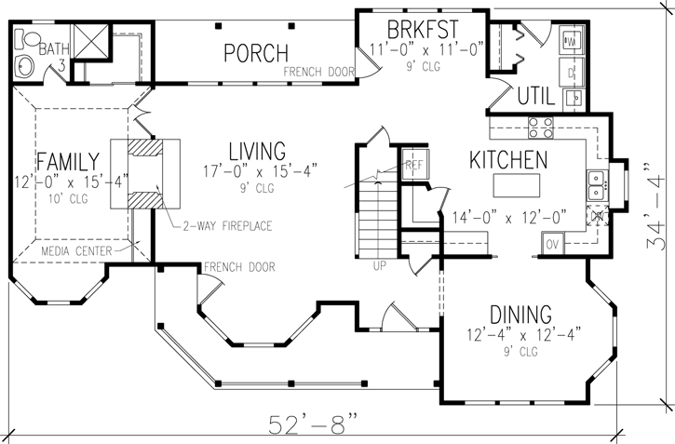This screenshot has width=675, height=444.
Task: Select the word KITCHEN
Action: pyautogui.click(x=506, y=160)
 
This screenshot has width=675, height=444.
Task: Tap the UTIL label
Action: pyautogui.click(x=536, y=95)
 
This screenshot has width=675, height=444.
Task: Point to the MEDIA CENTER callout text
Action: pyautogui.click(x=79, y=251)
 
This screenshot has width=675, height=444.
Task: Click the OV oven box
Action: pyautogui.click(x=550, y=245)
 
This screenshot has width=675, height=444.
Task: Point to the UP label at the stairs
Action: pyautogui.click(x=380, y=265)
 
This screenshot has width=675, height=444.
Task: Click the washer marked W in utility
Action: pyautogui.click(x=572, y=39)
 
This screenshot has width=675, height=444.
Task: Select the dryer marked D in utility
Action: pyautogui.click(x=572, y=71)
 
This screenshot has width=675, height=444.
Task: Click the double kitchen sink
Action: pyautogui.click(x=595, y=186)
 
